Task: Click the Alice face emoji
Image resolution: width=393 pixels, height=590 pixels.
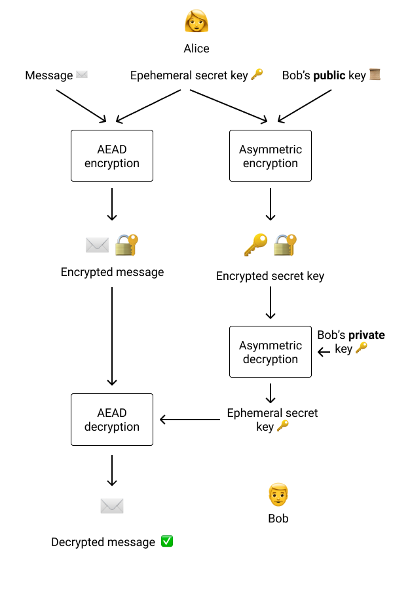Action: (196, 22)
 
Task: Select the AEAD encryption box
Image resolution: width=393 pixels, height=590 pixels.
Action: (112, 155)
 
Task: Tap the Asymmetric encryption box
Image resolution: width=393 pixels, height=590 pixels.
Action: (271, 155)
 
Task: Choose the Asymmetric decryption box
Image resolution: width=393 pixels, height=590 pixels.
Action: (271, 351)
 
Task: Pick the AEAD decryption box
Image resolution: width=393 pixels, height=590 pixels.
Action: (112, 420)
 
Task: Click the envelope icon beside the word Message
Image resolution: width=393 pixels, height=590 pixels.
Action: (82, 75)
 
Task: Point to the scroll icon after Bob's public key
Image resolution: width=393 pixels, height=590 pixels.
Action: (375, 75)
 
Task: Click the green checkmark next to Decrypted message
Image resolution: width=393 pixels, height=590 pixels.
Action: (167, 541)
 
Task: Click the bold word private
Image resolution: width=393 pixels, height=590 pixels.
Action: (366, 335)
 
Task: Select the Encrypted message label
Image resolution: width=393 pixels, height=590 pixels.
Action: (112, 271)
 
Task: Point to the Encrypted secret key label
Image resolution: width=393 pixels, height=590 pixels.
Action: (270, 276)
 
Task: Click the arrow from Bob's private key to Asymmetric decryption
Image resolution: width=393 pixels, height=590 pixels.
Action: (324, 352)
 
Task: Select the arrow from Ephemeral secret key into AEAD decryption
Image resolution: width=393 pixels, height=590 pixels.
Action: (190, 420)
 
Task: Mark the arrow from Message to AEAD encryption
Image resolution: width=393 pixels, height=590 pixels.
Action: (81, 106)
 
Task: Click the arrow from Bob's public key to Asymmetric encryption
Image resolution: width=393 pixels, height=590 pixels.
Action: (305, 106)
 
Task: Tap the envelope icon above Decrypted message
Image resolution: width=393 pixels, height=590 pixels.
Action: (112, 505)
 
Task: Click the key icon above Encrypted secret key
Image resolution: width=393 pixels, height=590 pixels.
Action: (255, 245)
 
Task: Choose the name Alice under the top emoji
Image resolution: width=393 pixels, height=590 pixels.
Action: (196, 49)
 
